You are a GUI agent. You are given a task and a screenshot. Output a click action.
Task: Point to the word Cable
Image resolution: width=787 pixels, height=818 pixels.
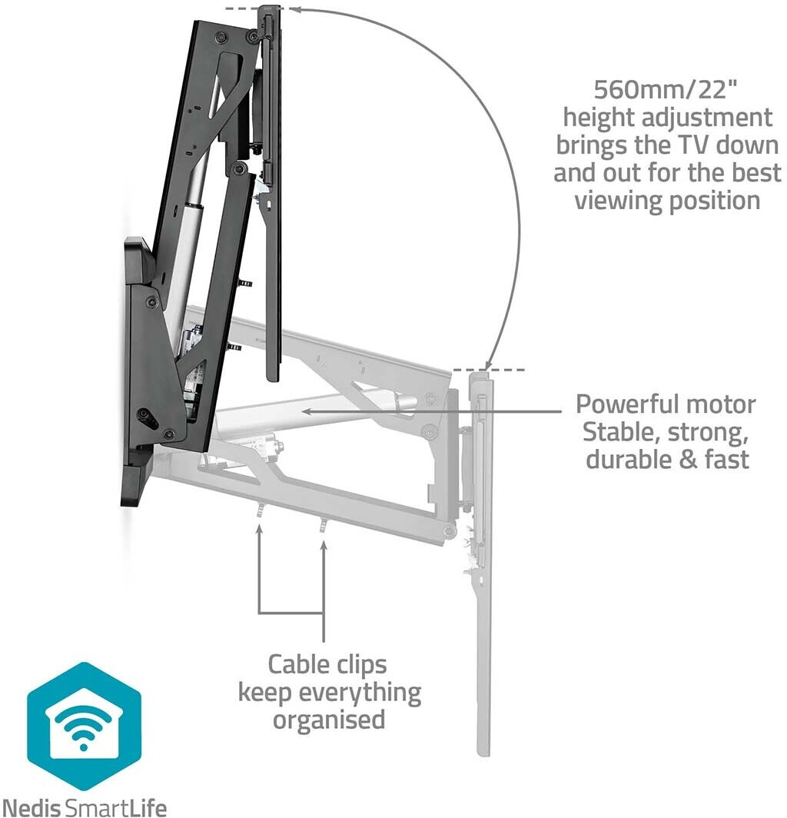(x=301, y=663)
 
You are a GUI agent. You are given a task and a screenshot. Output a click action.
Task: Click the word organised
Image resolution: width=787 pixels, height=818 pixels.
(x=329, y=720)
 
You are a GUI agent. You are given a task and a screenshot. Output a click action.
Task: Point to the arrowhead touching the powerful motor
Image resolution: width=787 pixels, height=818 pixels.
(x=306, y=411)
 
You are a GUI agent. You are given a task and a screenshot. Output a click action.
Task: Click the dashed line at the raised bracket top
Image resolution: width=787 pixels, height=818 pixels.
(x=245, y=8)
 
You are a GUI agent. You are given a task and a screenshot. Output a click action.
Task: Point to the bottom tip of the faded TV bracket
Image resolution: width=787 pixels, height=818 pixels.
(x=483, y=750)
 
